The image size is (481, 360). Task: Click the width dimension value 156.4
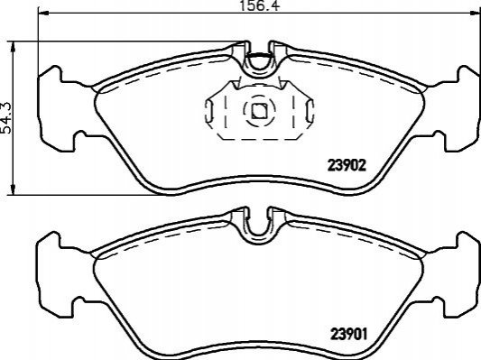pyautogui.click(x=260, y=5)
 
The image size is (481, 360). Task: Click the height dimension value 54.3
pyautogui.click(x=6, y=118)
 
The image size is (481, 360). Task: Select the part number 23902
pyautogui.click(x=347, y=166)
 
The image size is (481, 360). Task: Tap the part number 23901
pyautogui.click(x=348, y=334)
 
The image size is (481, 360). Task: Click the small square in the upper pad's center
pyautogui.click(x=259, y=111)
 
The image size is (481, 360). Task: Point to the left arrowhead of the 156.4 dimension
pyautogui.click(x=43, y=13)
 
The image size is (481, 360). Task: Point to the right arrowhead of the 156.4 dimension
pyautogui.click(x=476, y=13)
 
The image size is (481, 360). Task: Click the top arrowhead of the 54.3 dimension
pyautogui.click(x=13, y=47)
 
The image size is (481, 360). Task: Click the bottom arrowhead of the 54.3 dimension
pyautogui.click(x=13, y=189)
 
